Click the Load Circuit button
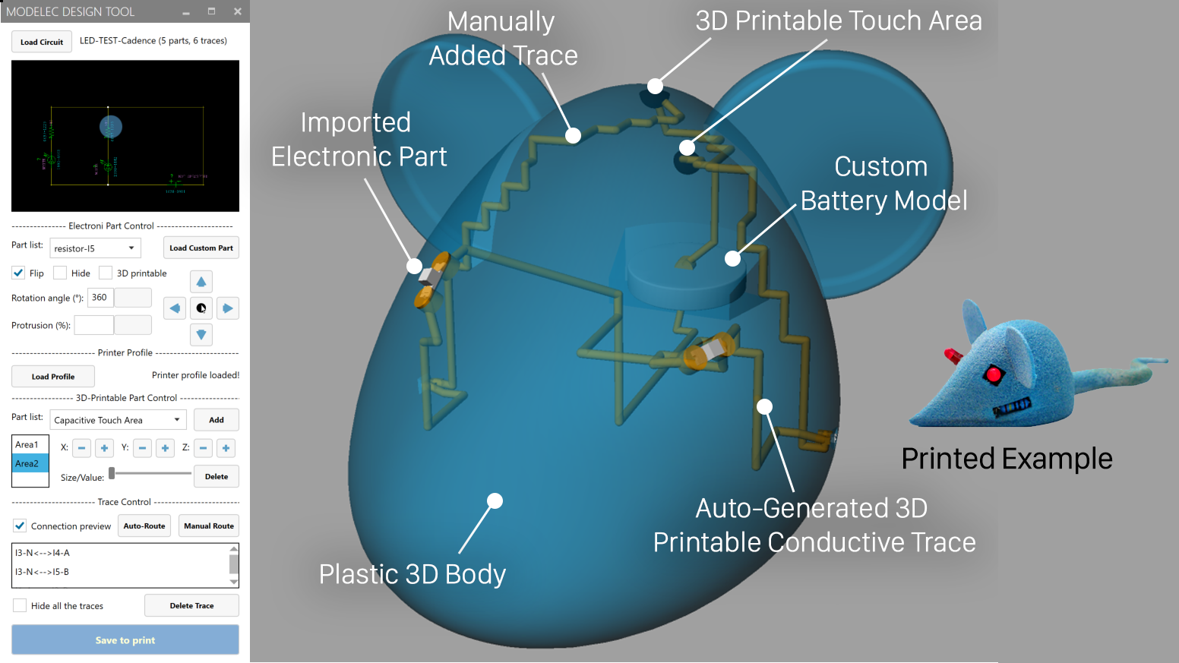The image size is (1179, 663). [x=42, y=42]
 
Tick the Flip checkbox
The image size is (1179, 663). [x=19, y=273]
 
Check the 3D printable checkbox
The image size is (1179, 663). [x=106, y=273]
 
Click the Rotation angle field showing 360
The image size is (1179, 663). [x=100, y=298]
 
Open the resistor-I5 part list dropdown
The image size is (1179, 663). [x=95, y=248]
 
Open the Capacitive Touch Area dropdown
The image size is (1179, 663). [x=118, y=420]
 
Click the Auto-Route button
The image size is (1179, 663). [x=144, y=526]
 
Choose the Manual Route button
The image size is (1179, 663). [x=209, y=526]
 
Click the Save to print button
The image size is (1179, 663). [x=125, y=640]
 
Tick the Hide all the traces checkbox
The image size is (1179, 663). [x=20, y=605]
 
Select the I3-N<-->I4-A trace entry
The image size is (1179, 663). [x=43, y=553]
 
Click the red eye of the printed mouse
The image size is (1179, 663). [x=994, y=374]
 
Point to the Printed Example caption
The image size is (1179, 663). [x=1007, y=459]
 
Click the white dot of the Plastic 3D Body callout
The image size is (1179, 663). [x=495, y=500]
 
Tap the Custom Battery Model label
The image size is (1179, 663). [x=883, y=184]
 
